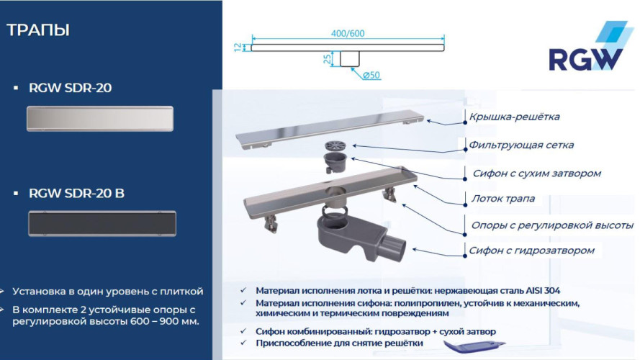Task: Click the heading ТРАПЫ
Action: (x=38, y=30)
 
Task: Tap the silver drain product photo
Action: (x=101, y=118)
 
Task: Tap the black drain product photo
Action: (x=101, y=223)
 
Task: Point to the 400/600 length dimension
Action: (x=348, y=33)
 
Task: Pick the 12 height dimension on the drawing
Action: (x=237, y=48)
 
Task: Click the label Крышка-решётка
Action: (x=514, y=117)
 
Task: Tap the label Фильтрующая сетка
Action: (x=521, y=145)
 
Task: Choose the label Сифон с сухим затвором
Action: (x=536, y=173)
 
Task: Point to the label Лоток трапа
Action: (x=503, y=199)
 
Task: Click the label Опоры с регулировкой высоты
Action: (x=552, y=225)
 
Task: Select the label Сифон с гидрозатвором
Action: (x=533, y=251)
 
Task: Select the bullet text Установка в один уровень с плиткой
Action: (x=108, y=292)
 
